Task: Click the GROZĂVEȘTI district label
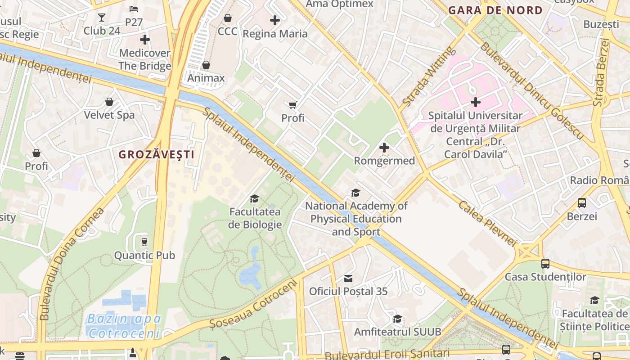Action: tap(156, 154)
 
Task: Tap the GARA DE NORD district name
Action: tap(495, 10)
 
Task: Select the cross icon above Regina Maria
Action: tap(275, 20)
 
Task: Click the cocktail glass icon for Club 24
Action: tap(102, 18)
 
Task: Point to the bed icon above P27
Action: tap(134, 9)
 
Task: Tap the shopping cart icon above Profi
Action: tap(293, 105)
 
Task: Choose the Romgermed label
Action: tap(384, 161)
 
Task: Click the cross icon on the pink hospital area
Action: tap(475, 102)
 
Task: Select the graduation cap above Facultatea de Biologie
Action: tap(255, 198)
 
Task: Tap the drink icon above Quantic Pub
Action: tap(144, 242)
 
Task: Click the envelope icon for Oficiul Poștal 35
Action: tap(348, 278)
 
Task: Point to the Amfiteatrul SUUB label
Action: tap(397, 332)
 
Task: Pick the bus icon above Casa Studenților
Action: tap(545, 263)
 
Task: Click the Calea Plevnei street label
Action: tap(487, 223)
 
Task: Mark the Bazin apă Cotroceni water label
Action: tap(124, 326)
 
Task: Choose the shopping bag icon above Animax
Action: tap(206, 65)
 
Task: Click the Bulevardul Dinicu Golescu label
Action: tap(531, 90)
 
